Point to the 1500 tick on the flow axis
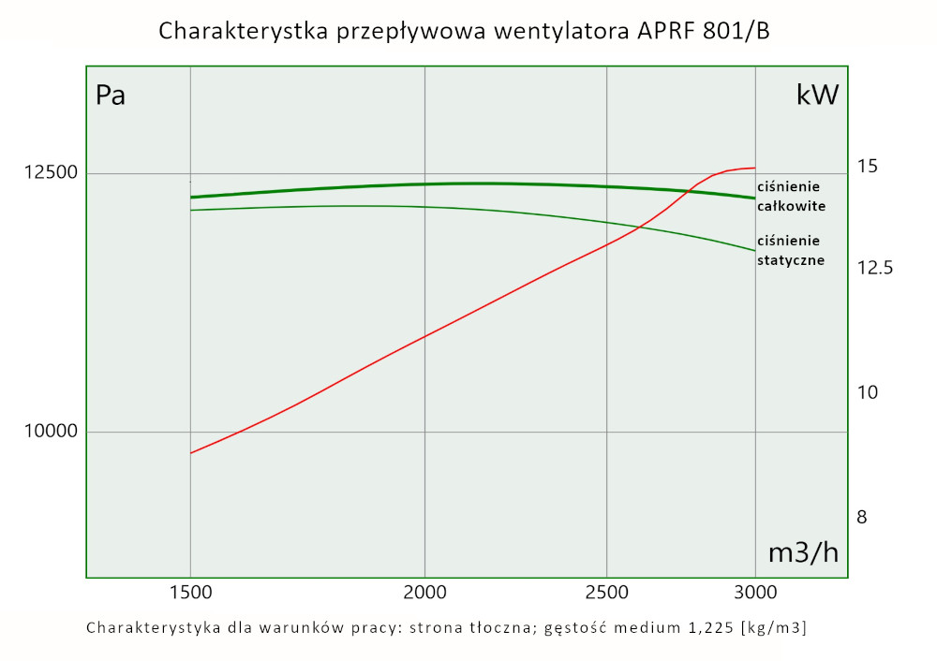[190, 592]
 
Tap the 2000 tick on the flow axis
[425, 592]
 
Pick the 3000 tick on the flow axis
[755, 592]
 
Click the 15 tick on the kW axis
[868, 167]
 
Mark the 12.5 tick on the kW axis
[875, 269]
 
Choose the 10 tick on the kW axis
[868, 392]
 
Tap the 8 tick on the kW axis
[862, 518]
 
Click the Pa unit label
[111, 95]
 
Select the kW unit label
[817, 95]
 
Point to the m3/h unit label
[803, 552]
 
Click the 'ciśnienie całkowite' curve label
[791, 197]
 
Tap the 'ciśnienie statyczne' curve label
[791, 251]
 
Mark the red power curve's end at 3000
[754, 168]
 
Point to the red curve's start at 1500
[191, 453]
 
